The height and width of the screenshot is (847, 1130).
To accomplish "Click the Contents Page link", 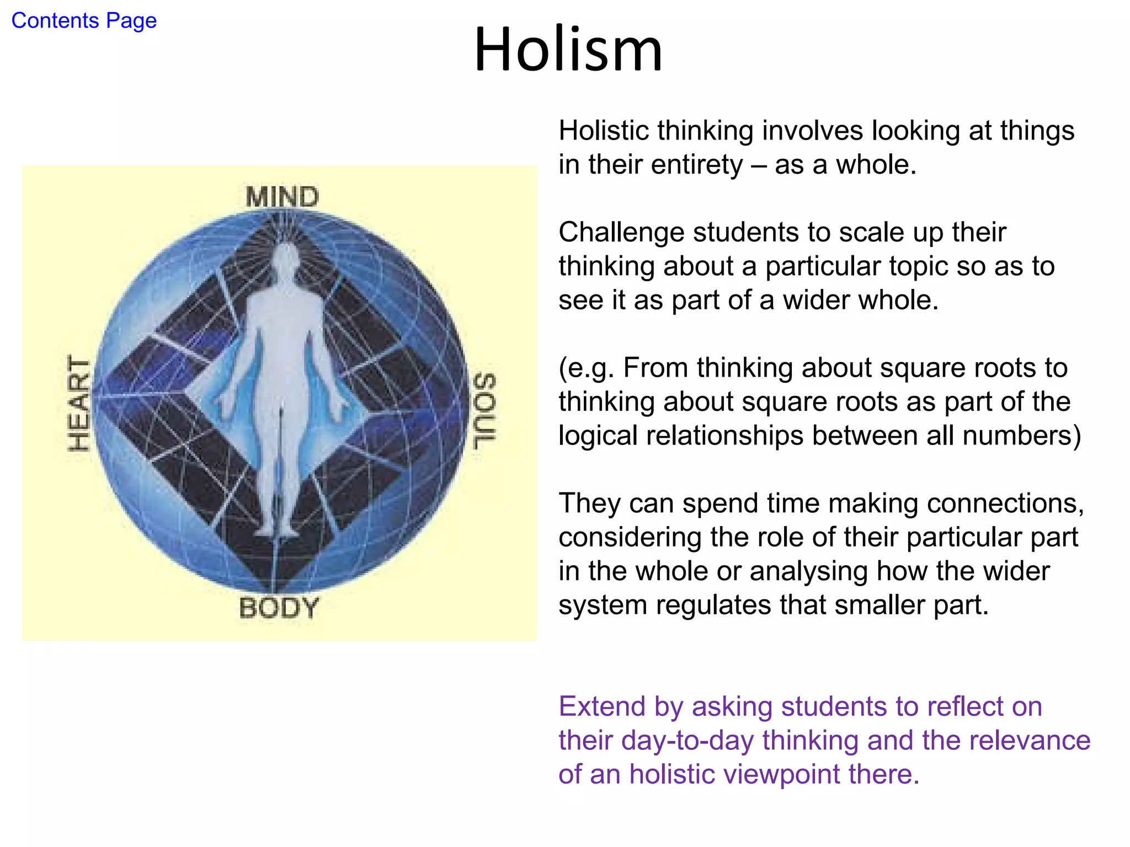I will click(x=84, y=21).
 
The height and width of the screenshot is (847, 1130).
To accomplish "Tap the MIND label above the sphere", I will click(x=282, y=197).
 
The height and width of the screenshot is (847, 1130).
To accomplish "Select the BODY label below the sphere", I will click(x=279, y=608).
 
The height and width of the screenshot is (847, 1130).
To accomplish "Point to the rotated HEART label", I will click(x=78, y=403).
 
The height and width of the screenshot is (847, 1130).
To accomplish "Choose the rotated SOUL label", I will click(x=485, y=411).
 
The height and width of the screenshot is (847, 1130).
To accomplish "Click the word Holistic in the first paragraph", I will click(x=603, y=131).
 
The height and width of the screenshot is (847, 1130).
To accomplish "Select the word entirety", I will click(x=666, y=165).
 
